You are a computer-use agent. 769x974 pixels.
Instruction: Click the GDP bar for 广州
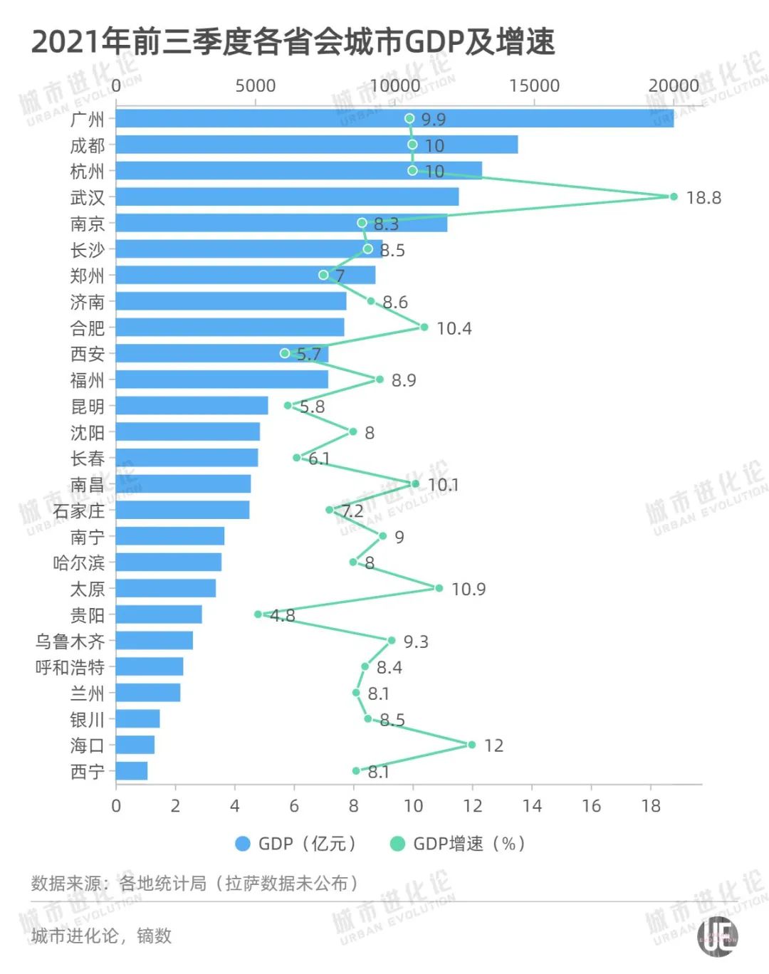click(394, 119)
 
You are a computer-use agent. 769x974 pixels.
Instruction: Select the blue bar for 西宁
click(132, 771)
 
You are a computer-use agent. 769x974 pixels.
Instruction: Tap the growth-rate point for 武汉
click(674, 197)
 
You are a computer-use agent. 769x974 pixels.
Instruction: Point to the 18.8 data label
click(703, 198)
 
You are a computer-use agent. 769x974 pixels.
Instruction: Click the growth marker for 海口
click(471, 745)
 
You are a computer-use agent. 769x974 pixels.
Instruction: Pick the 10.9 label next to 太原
click(469, 590)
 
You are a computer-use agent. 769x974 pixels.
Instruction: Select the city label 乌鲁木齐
click(70, 642)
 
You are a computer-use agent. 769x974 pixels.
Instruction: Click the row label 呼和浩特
click(70, 668)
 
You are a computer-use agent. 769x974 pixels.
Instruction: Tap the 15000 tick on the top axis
click(534, 86)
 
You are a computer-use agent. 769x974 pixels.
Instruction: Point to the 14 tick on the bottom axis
click(532, 806)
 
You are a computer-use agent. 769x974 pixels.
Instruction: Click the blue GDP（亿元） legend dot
click(243, 844)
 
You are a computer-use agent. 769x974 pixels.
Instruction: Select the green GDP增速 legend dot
click(398, 844)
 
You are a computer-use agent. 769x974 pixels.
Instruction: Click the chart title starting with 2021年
click(293, 41)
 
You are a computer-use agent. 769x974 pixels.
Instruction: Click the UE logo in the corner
click(718, 936)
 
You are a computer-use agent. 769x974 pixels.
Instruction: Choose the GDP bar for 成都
click(316, 145)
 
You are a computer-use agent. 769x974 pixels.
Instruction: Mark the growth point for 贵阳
click(258, 614)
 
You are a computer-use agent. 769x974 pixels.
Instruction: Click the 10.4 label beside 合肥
click(454, 329)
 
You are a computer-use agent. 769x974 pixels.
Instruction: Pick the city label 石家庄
click(78, 511)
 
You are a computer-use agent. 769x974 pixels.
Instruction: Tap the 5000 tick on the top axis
click(255, 86)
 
